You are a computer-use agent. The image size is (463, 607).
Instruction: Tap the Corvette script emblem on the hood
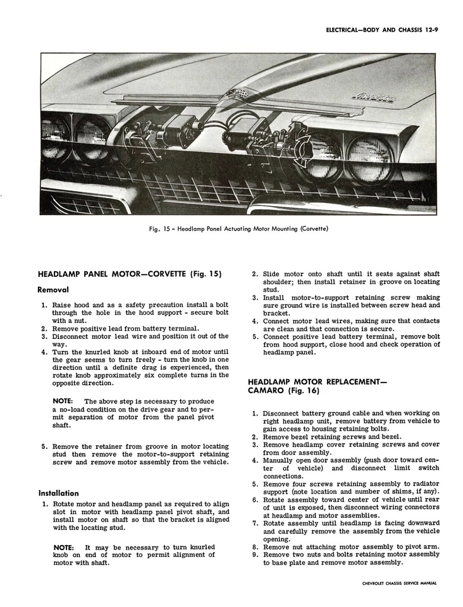pos(374,98)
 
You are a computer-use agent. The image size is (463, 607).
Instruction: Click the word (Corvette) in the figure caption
pos(311,228)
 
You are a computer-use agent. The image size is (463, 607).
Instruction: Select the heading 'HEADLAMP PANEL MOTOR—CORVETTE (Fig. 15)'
pos(130,274)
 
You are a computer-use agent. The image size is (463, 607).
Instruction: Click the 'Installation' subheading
pos(59,493)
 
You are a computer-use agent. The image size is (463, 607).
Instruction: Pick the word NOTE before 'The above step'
pos(63,402)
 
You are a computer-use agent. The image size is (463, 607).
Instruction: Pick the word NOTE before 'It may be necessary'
pos(63,546)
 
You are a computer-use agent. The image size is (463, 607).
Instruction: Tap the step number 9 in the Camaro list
pos(254,555)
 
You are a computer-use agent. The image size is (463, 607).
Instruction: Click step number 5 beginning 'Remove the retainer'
pos(44,446)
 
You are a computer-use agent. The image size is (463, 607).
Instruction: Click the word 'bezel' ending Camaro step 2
pos(390,436)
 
